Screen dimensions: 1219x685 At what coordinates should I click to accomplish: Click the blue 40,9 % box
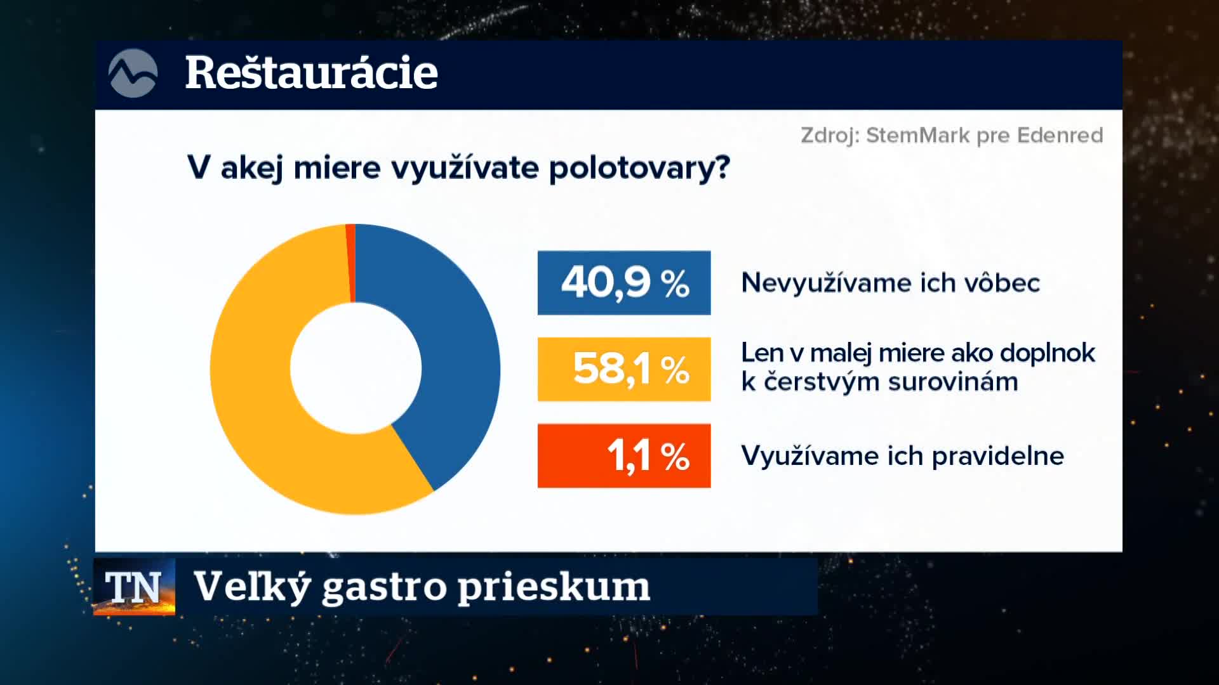[x=624, y=283]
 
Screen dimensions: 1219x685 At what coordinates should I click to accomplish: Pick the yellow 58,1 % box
[x=624, y=369]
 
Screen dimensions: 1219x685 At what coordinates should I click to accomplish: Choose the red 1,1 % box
[x=624, y=455]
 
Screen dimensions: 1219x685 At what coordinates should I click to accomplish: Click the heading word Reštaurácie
[x=311, y=72]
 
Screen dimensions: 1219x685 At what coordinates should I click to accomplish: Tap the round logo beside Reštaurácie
[x=133, y=74]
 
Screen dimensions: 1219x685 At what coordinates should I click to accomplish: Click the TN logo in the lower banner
[x=134, y=587]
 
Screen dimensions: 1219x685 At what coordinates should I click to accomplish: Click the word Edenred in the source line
[x=1060, y=135]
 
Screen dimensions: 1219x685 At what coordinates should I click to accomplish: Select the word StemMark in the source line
[x=918, y=135]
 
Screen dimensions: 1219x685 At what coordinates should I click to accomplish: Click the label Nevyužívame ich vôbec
[x=891, y=283]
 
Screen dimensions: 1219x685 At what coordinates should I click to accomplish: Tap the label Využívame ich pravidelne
[x=903, y=456]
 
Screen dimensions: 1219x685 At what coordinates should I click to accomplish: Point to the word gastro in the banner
[x=385, y=587]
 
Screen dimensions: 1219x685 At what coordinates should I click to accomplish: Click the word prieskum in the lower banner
[x=554, y=587]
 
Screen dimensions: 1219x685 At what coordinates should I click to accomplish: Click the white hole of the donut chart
[x=356, y=368]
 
